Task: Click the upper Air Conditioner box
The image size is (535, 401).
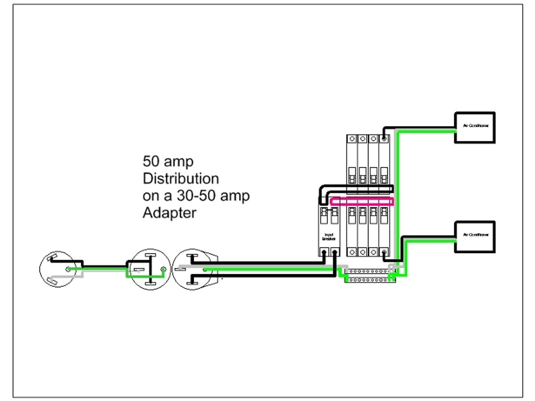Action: [x=474, y=127]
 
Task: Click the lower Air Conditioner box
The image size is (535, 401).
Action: [x=474, y=237]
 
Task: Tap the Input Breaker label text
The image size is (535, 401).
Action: [x=329, y=236]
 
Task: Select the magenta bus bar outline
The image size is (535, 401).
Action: [x=362, y=202]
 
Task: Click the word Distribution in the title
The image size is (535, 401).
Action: [x=181, y=179]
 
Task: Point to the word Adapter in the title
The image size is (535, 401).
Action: [x=169, y=213]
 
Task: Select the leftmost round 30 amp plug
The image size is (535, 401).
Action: [x=57, y=269]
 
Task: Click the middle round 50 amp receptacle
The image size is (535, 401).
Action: [x=150, y=269]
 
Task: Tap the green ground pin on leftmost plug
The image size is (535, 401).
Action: [x=68, y=269]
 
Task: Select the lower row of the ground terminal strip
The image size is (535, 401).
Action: [x=368, y=280]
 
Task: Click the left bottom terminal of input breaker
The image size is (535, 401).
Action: [x=324, y=252]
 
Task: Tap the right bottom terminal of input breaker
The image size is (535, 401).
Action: [x=334, y=252]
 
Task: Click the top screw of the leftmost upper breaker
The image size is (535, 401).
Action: [x=352, y=139]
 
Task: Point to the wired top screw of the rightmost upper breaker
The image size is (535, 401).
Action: [x=385, y=139]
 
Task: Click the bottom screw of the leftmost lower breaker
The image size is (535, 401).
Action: [x=352, y=252]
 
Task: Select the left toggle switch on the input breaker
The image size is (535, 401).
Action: [x=324, y=213]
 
